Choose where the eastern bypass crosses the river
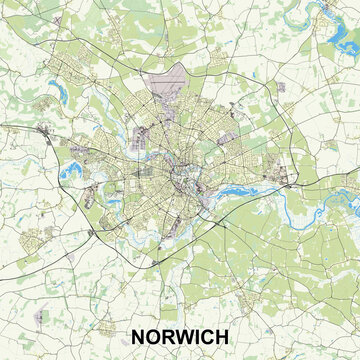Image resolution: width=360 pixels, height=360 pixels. pos(285,186)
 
